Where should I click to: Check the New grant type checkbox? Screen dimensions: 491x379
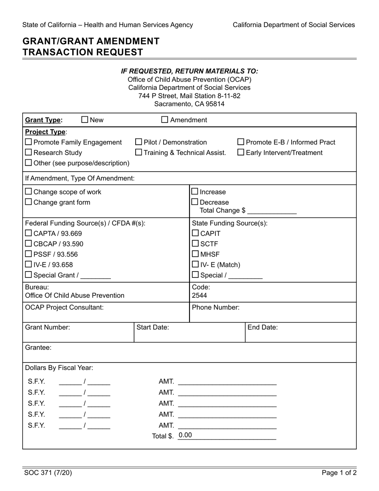(85, 120)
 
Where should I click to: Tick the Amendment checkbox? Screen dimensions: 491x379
(165, 120)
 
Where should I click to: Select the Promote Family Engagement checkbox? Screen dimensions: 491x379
(29, 142)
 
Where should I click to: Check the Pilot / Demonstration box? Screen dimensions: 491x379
(138, 142)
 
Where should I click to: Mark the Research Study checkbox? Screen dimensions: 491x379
(29, 152)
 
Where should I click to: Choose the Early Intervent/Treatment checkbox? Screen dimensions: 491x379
(241, 152)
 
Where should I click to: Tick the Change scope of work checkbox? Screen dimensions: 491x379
(29, 192)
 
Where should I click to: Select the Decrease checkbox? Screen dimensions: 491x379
(195, 202)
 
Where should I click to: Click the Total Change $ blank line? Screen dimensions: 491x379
(272, 211)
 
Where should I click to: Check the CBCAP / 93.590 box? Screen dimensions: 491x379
(29, 244)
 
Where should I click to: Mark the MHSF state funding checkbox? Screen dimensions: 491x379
(195, 254)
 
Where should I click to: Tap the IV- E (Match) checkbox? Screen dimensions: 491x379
(195, 264)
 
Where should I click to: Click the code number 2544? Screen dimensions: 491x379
(199, 295)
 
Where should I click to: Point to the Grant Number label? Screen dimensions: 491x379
(47, 327)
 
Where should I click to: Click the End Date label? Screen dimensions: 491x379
(263, 327)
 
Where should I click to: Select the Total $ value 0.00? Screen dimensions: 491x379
(185, 435)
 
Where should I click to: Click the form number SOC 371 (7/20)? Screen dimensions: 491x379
(48, 473)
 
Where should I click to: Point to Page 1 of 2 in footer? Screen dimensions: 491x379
(339, 473)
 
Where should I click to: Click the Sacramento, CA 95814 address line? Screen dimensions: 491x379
(189, 104)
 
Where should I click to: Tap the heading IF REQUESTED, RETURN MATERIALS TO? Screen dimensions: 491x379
(189, 71)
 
